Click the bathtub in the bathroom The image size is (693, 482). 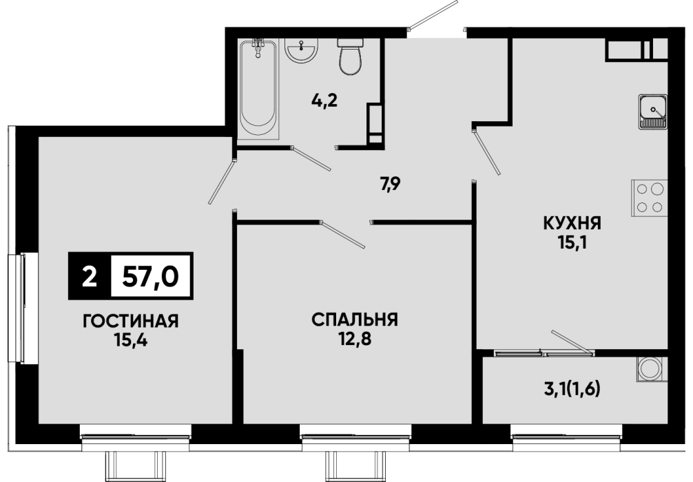click(x=258, y=90)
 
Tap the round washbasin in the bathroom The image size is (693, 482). click(x=302, y=50)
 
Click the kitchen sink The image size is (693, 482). click(x=652, y=112)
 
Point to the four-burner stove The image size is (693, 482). click(x=649, y=198)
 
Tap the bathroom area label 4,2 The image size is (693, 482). click(x=324, y=101)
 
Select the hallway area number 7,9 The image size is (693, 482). click(x=391, y=183)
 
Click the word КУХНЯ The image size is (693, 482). click(x=572, y=224)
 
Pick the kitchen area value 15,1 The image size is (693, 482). click(x=572, y=243)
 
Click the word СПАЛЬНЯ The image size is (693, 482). click(x=355, y=319)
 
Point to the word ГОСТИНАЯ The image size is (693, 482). click(x=131, y=321)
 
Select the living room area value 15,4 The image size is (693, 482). click(x=131, y=340)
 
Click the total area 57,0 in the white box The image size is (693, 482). click(x=151, y=277)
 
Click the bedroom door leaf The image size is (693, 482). click(x=342, y=233)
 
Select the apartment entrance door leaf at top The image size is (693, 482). click(x=433, y=15)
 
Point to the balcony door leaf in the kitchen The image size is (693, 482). click(x=572, y=342)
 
